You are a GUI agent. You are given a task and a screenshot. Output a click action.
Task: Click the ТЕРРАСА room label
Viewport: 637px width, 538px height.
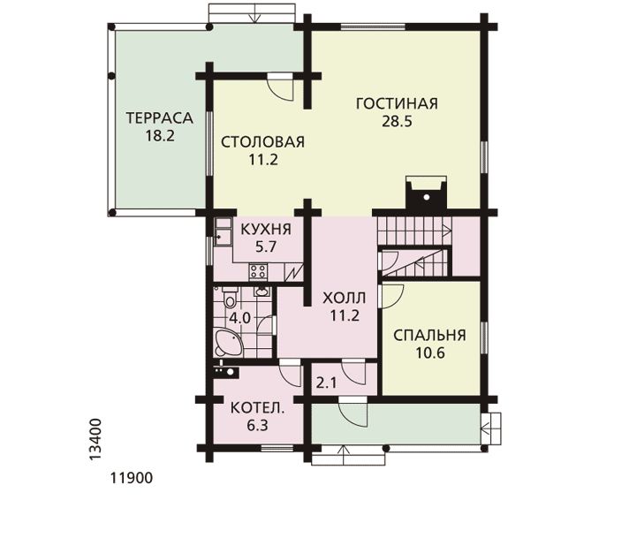pos(159,117)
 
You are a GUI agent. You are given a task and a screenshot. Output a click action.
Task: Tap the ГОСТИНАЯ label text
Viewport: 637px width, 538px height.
pos(397,103)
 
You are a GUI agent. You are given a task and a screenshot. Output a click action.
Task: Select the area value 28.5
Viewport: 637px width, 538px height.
pos(397,121)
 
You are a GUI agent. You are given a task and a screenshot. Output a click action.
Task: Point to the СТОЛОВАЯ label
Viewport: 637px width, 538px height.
pos(263,142)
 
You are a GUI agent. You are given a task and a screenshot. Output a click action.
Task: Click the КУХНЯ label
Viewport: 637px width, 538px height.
pos(266,229)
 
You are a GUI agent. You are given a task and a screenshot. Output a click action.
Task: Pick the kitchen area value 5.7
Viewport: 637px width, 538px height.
pos(266,246)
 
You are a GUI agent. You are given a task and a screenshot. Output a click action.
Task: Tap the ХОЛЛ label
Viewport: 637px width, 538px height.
pos(344,299)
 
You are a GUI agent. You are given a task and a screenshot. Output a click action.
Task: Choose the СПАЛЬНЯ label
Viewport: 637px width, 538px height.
pos(429,335)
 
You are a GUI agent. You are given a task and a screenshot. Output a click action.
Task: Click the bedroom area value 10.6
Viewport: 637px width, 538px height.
pos(429,352)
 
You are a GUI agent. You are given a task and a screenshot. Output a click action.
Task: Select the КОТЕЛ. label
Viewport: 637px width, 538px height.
pos(258,408)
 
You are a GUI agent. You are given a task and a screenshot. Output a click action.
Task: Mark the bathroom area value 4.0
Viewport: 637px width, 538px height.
pos(239,318)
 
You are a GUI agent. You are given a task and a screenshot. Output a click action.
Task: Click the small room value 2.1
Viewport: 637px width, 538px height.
pos(326,383)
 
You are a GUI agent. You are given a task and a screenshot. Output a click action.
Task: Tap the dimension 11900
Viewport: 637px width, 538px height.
pos(132,478)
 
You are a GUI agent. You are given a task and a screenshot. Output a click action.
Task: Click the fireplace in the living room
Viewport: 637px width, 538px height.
pos(427,193)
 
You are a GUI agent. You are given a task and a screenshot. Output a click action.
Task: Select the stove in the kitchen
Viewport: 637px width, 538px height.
pos(258,272)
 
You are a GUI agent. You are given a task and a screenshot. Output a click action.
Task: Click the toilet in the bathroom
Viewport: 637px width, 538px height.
pos(231,299)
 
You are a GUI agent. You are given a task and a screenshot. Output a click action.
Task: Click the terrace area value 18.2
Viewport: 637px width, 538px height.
pos(160,135)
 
